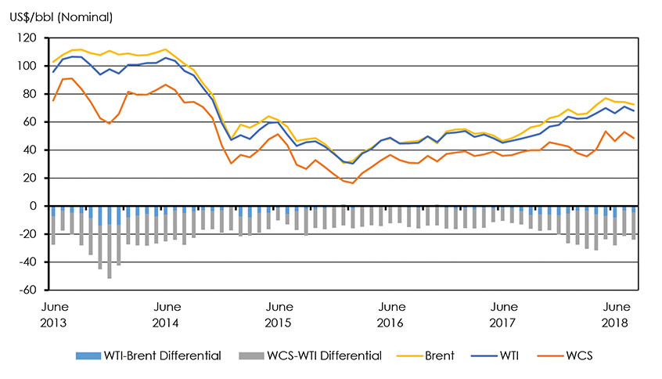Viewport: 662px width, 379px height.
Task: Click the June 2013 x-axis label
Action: pos(54,313)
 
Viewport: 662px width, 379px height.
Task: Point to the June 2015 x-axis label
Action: pos(279,313)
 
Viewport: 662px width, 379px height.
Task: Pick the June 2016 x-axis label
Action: pos(390,313)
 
